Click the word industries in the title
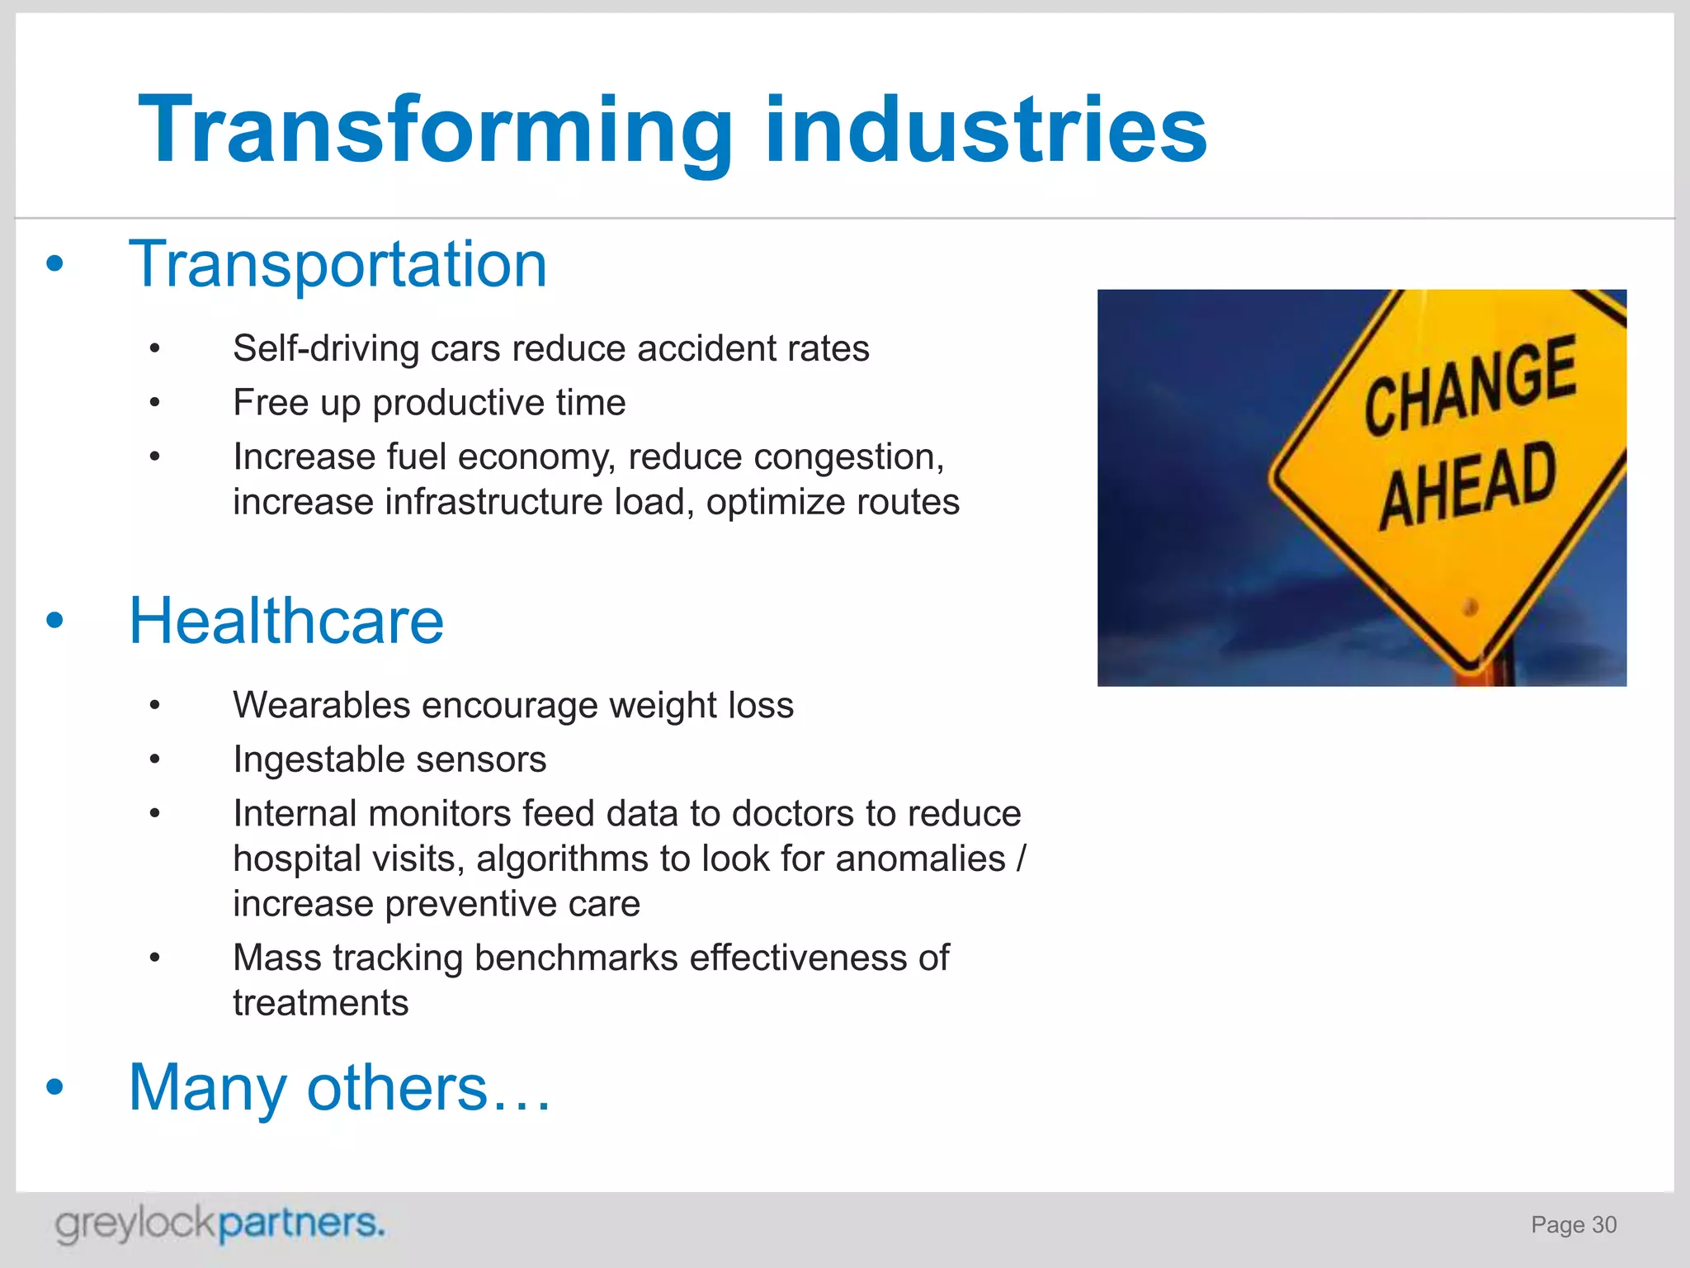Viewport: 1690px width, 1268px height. [x=985, y=130]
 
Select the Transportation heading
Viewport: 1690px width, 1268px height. [x=338, y=264]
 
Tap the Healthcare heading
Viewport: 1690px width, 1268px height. [x=286, y=621]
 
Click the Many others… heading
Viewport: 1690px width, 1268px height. [x=339, y=1087]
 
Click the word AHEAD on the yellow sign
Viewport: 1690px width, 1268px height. [x=1468, y=485]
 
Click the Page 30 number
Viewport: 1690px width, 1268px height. [x=1573, y=1225]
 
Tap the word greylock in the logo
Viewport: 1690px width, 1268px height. [x=135, y=1224]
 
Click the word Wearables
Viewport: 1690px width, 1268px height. [x=321, y=706]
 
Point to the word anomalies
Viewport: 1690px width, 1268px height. [x=920, y=859]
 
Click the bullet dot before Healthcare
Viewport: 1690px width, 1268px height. [x=54, y=621]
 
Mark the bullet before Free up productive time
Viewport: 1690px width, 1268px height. [x=154, y=403]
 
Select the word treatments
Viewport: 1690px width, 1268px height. [x=320, y=1003]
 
